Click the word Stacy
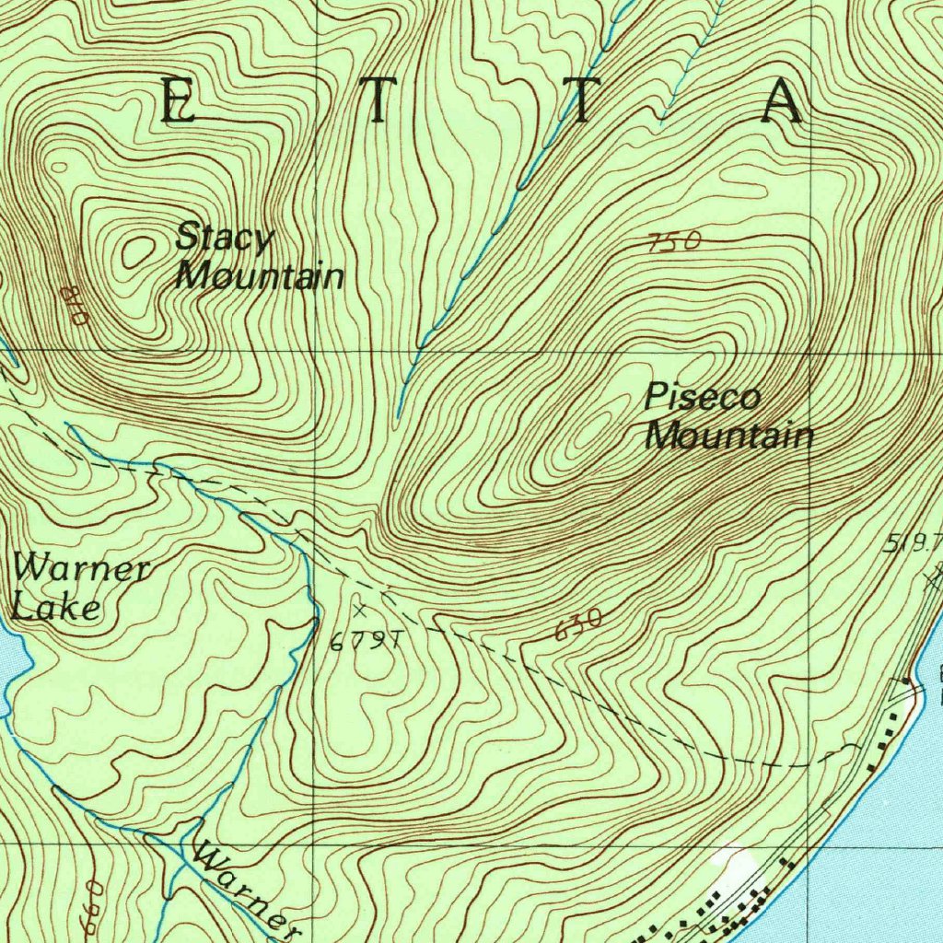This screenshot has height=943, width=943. [225, 239]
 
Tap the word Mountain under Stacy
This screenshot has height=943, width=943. [261, 275]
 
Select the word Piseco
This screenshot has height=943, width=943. [703, 397]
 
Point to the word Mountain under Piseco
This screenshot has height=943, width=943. [729, 435]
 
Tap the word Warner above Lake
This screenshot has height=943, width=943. [81, 568]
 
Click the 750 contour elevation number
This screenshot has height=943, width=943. [674, 242]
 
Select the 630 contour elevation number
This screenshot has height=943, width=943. [579, 625]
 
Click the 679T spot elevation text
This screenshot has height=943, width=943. [366, 643]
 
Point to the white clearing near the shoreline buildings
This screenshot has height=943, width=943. [737, 870]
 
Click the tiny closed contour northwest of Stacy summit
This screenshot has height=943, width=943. [60, 167]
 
